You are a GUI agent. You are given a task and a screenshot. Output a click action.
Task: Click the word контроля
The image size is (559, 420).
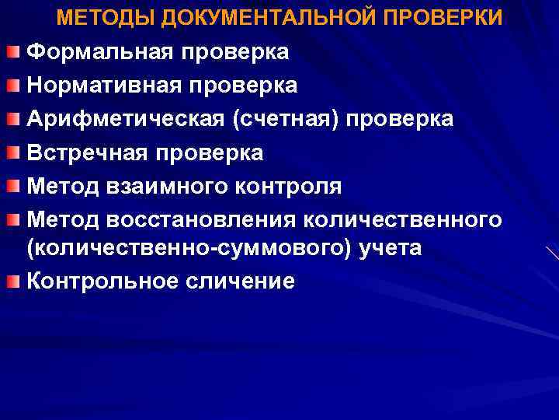click(x=290, y=187)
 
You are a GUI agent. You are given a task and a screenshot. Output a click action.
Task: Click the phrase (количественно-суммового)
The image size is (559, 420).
click(x=172, y=248)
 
